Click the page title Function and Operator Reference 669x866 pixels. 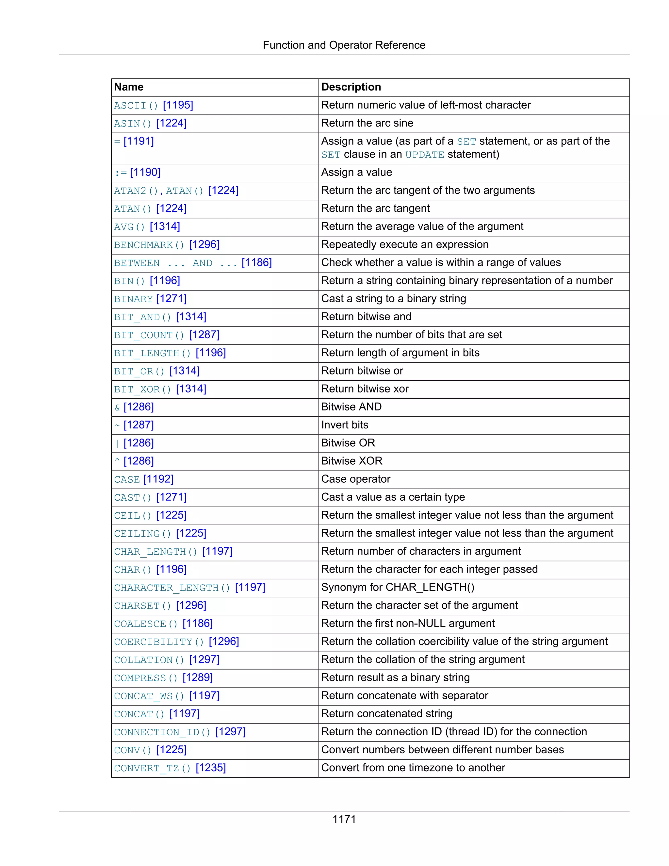[344, 45]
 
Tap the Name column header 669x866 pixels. [129, 87]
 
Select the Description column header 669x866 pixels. [351, 87]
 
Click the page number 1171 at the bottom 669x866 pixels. [344, 819]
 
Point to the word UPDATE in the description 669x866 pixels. [424, 155]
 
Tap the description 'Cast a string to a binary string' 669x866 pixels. [393, 299]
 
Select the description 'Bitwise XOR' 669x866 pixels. [351, 461]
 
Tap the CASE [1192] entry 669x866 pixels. [143, 479]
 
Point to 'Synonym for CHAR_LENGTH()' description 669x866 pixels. [398, 587]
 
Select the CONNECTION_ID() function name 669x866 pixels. [162, 732]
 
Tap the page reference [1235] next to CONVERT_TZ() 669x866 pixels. [210, 768]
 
